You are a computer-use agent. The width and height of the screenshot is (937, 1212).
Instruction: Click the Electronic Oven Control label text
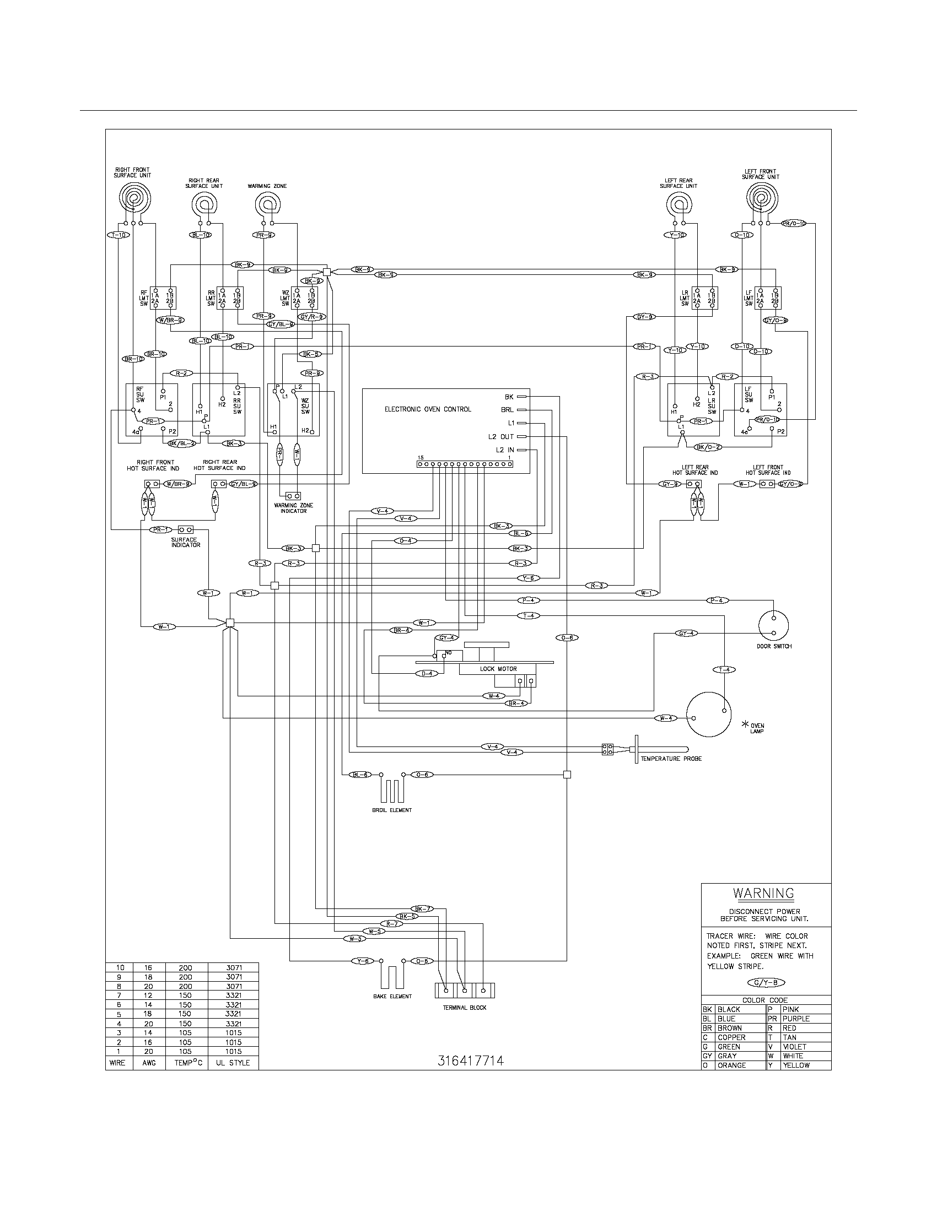pyautogui.click(x=427, y=409)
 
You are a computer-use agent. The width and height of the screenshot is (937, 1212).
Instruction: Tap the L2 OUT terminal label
pyautogui.click(x=500, y=437)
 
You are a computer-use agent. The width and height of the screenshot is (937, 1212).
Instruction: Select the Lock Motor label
pyautogui.click(x=498, y=669)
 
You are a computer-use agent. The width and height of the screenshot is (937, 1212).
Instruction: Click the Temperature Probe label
pyautogui.click(x=671, y=759)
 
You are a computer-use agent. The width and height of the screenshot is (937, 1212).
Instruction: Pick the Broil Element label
pyautogui.click(x=392, y=810)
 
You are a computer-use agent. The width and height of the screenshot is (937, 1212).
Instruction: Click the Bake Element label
pyautogui.click(x=392, y=996)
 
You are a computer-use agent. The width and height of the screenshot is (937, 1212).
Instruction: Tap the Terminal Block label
pyautogui.click(x=464, y=1007)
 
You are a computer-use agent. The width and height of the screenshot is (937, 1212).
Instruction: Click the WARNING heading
pyautogui.click(x=763, y=893)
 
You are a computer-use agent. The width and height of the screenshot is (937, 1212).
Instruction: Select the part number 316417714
pyautogui.click(x=470, y=1060)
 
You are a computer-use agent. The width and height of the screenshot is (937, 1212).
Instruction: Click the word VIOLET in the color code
pyautogui.click(x=794, y=1046)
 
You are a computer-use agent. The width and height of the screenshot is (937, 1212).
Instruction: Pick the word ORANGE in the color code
pyautogui.click(x=731, y=1065)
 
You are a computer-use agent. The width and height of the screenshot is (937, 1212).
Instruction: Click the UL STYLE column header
pyautogui.click(x=233, y=1063)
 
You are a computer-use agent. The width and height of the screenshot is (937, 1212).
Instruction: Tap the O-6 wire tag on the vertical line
pyautogui.click(x=567, y=638)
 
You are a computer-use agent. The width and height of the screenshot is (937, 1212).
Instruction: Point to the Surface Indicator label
pyautogui.click(x=185, y=542)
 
